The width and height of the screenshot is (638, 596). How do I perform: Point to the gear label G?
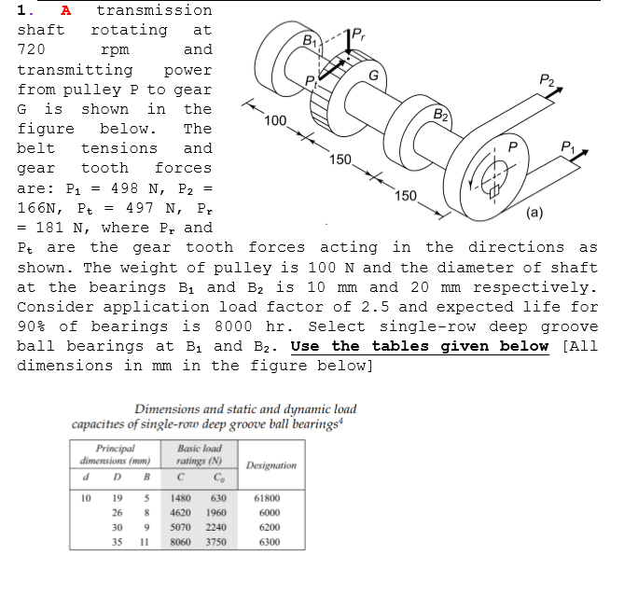coord(373,76)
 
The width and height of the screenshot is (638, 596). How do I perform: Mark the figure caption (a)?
coord(534,212)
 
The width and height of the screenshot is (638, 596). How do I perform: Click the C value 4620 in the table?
coord(181,512)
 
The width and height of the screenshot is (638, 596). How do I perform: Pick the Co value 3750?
coord(216,541)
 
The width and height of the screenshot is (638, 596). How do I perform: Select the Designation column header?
coord(270,464)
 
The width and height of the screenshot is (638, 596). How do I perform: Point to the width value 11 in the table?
coord(144,541)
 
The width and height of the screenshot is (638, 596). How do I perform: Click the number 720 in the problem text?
coord(33,49)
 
